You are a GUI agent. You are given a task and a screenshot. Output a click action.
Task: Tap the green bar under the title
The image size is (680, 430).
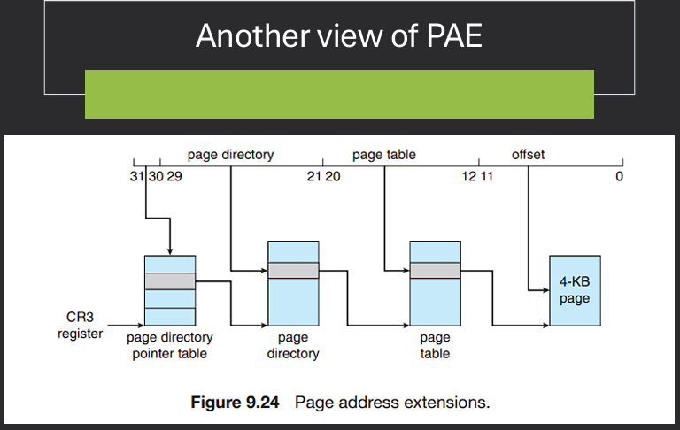[339, 94]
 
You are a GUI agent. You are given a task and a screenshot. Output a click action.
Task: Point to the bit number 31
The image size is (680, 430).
[135, 177]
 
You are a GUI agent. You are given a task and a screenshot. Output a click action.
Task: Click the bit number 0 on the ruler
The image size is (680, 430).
[619, 177]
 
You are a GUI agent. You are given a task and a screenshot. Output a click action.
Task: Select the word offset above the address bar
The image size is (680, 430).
[528, 155]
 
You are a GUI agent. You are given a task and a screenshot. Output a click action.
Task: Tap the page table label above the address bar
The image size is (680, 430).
[383, 155]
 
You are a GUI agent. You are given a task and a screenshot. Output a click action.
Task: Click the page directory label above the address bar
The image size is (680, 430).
[230, 155]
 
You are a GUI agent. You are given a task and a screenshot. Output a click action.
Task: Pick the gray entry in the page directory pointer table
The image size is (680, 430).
[169, 281]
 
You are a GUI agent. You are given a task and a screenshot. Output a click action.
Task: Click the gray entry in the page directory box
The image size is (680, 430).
[293, 271]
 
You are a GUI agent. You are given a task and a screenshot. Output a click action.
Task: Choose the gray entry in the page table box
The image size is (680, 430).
[435, 271]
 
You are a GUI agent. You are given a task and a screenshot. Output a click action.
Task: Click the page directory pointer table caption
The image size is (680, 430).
[169, 345]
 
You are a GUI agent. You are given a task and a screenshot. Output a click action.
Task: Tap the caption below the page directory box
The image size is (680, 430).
[293, 345]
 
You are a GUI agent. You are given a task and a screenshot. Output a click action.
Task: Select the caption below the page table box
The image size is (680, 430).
[435, 345]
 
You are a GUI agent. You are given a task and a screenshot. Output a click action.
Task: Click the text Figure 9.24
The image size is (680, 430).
[236, 403]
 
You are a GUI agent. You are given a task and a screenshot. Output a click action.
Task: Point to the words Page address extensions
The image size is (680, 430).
[391, 403]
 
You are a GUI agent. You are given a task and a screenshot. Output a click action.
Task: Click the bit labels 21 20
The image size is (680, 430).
[323, 177]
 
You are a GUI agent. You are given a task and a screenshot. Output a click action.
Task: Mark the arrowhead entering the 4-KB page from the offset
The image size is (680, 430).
[545, 289]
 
